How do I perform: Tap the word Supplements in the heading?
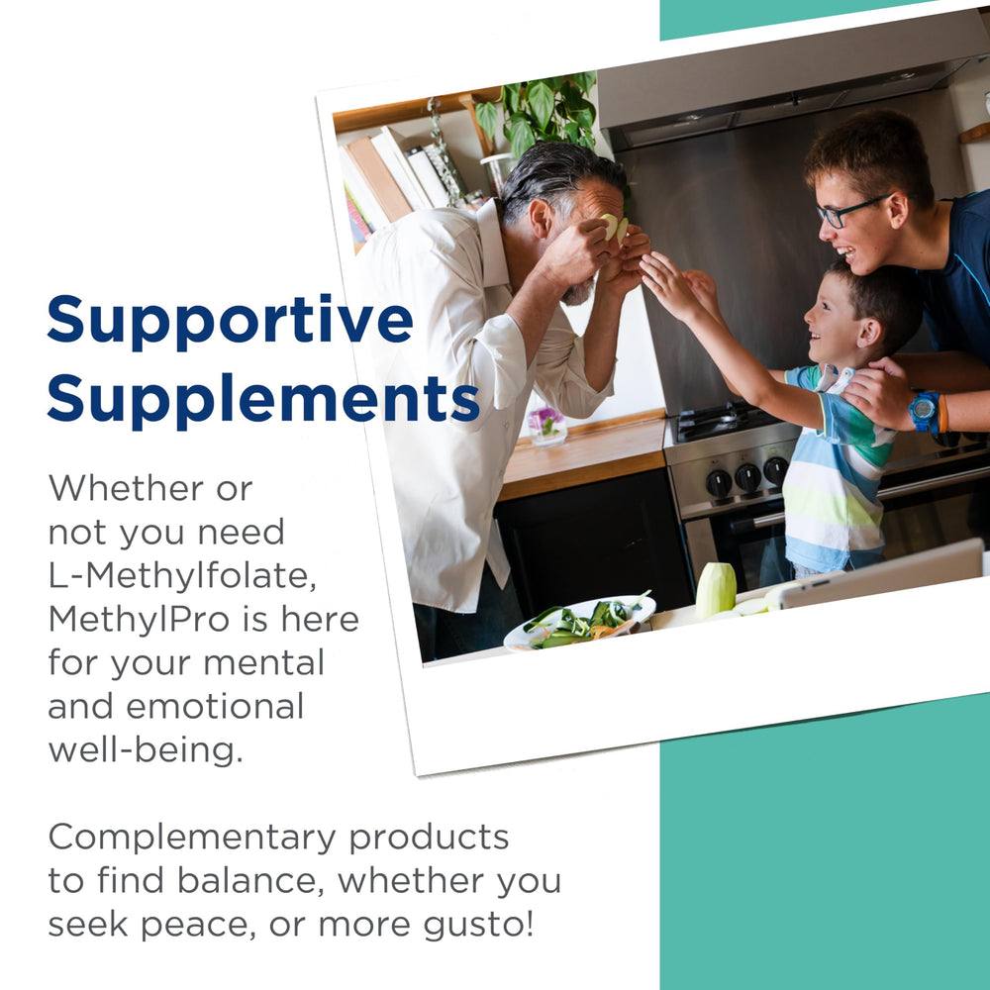click(262, 399)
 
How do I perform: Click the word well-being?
click(145, 749)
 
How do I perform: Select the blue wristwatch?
click(924, 410)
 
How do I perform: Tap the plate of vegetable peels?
click(579, 623)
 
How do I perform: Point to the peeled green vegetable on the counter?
click(716, 590)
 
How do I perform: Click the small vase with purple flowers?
click(546, 425)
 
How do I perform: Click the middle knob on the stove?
click(748, 478)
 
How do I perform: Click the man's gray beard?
click(578, 291)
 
